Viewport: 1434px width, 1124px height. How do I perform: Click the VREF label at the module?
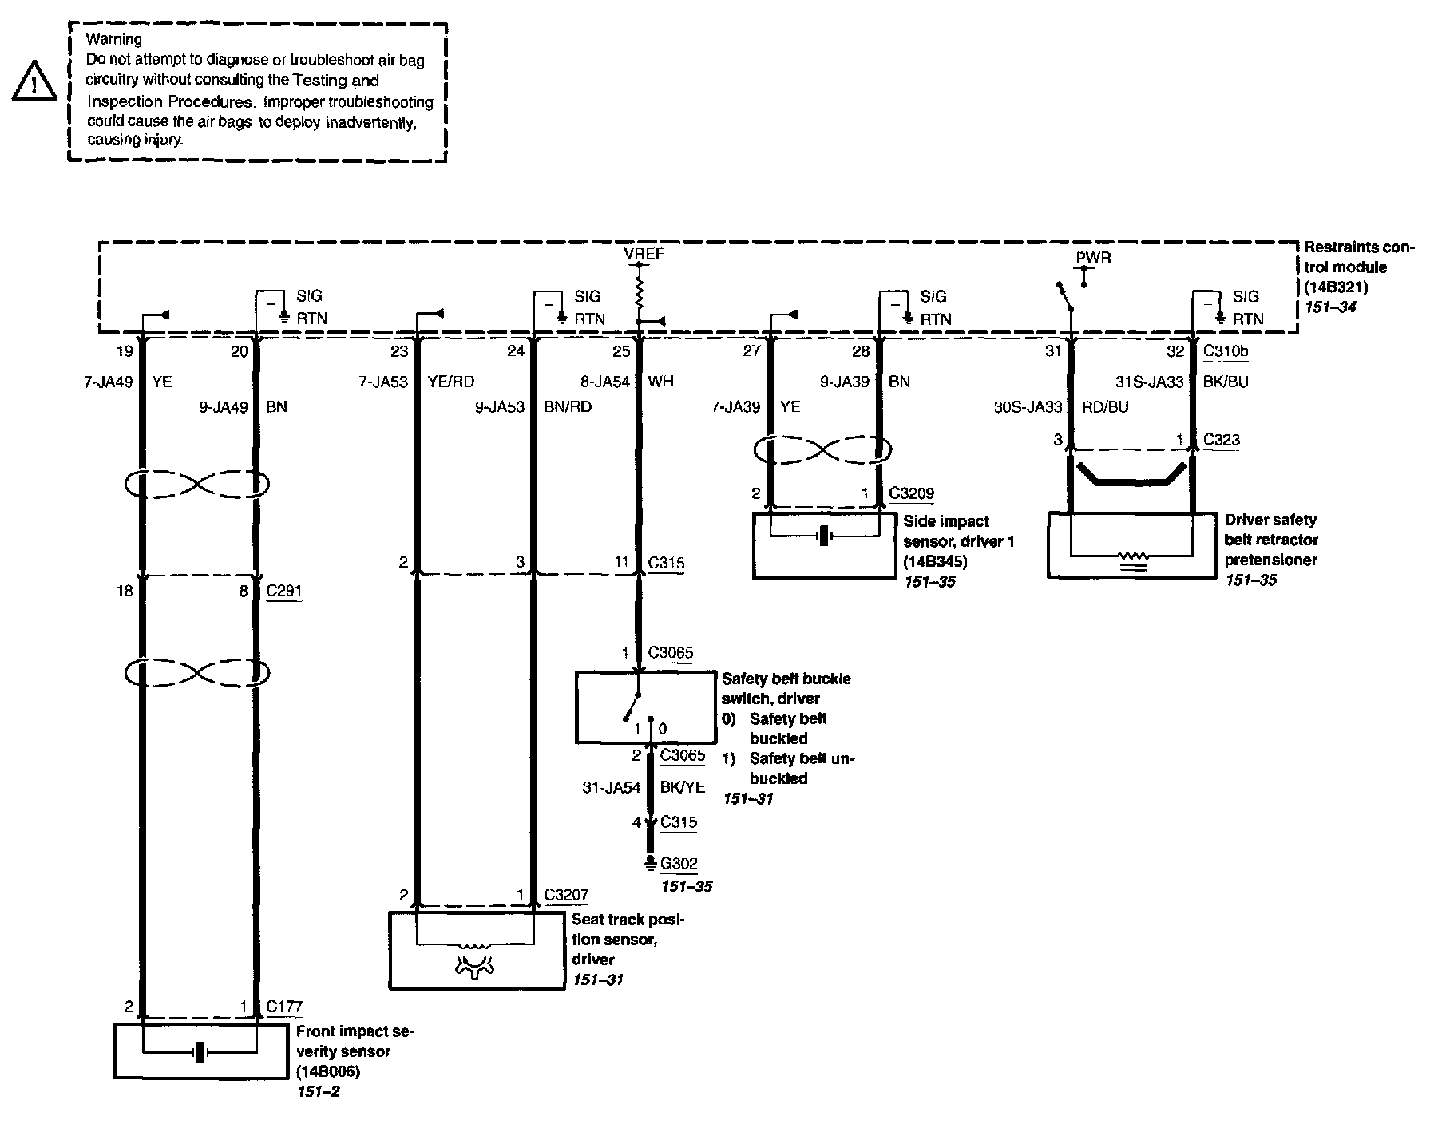[644, 255]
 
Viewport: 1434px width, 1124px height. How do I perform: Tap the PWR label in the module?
[1092, 258]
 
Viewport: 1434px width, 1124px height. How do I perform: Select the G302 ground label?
[679, 863]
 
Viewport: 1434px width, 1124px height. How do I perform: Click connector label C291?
[283, 592]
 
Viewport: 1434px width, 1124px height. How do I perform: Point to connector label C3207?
[566, 895]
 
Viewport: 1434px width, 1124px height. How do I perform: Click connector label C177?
[284, 1007]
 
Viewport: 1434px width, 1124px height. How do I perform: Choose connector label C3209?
[911, 493]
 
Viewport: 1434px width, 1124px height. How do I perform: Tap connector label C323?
[1221, 440]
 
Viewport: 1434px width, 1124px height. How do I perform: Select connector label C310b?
[1226, 350]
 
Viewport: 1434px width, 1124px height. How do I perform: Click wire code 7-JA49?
[108, 382]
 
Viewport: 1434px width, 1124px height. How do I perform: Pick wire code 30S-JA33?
[1028, 407]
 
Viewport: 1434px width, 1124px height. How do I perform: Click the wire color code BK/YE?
[682, 787]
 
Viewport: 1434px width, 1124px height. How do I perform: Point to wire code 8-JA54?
[605, 382]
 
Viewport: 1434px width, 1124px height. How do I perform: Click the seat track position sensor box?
[476, 950]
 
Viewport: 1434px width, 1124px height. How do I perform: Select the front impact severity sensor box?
[200, 1051]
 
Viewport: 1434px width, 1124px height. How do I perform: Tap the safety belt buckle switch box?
[645, 707]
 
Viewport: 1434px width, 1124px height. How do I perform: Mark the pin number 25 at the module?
[621, 351]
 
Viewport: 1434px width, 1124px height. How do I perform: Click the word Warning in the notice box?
[114, 39]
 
